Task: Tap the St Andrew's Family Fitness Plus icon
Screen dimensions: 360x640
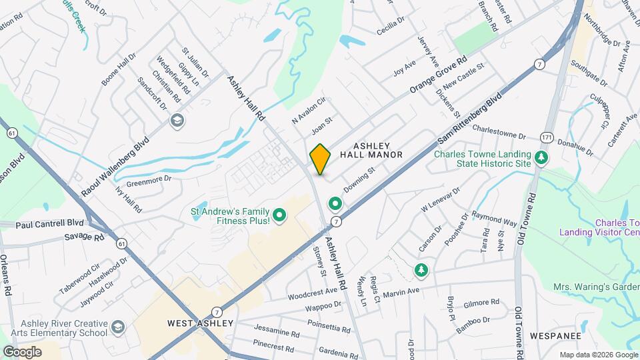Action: click(280, 215)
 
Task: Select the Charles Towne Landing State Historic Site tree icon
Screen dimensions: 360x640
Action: click(543, 157)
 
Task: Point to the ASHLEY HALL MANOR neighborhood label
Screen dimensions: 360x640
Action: click(371, 150)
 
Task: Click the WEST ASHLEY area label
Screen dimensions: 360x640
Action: click(200, 323)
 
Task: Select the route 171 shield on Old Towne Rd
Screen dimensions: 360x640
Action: click(547, 137)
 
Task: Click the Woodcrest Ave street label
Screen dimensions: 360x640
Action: click(313, 293)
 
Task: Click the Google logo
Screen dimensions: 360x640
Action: click(22, 351)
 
